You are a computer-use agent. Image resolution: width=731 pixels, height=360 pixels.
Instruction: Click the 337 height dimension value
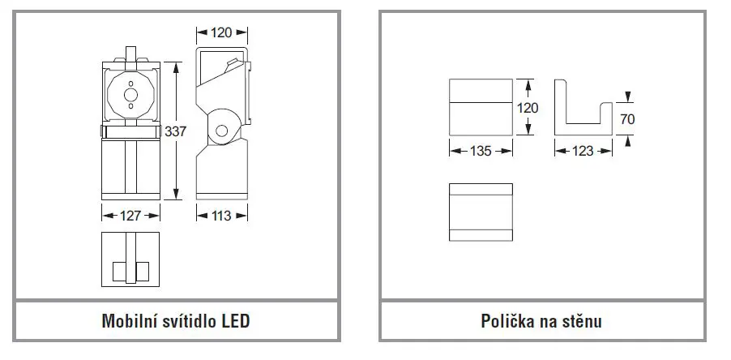(x=175, y=131)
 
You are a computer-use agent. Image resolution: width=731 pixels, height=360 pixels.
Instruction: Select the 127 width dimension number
(x=130, y=216)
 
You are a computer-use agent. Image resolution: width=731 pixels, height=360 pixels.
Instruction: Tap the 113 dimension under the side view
(x=221, y=216)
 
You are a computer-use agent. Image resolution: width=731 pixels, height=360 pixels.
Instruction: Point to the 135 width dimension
(x=481, y=151)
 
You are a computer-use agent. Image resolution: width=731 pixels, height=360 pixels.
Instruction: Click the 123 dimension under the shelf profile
(x=583, y=151)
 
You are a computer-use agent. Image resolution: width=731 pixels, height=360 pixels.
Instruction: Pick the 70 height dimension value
(x=627, y=119)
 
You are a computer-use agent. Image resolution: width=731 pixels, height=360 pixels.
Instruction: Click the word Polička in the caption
(x=506, y=321)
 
